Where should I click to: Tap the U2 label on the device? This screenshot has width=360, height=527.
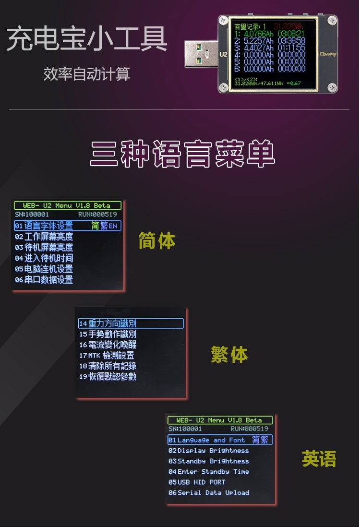(223, 54)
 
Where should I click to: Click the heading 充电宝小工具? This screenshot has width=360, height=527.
(87, 40)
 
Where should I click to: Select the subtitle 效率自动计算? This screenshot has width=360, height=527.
(86, 74)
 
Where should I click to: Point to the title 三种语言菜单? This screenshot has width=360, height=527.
(182, 154)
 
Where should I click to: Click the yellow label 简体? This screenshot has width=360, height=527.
(156, 241)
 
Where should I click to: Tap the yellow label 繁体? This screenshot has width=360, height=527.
(229, 355)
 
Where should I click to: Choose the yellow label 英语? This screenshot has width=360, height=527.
(319, 459)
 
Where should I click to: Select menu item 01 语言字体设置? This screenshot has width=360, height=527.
(48, 226)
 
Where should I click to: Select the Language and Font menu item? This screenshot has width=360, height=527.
(211, 440)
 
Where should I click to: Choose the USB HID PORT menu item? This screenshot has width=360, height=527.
(197, 482)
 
